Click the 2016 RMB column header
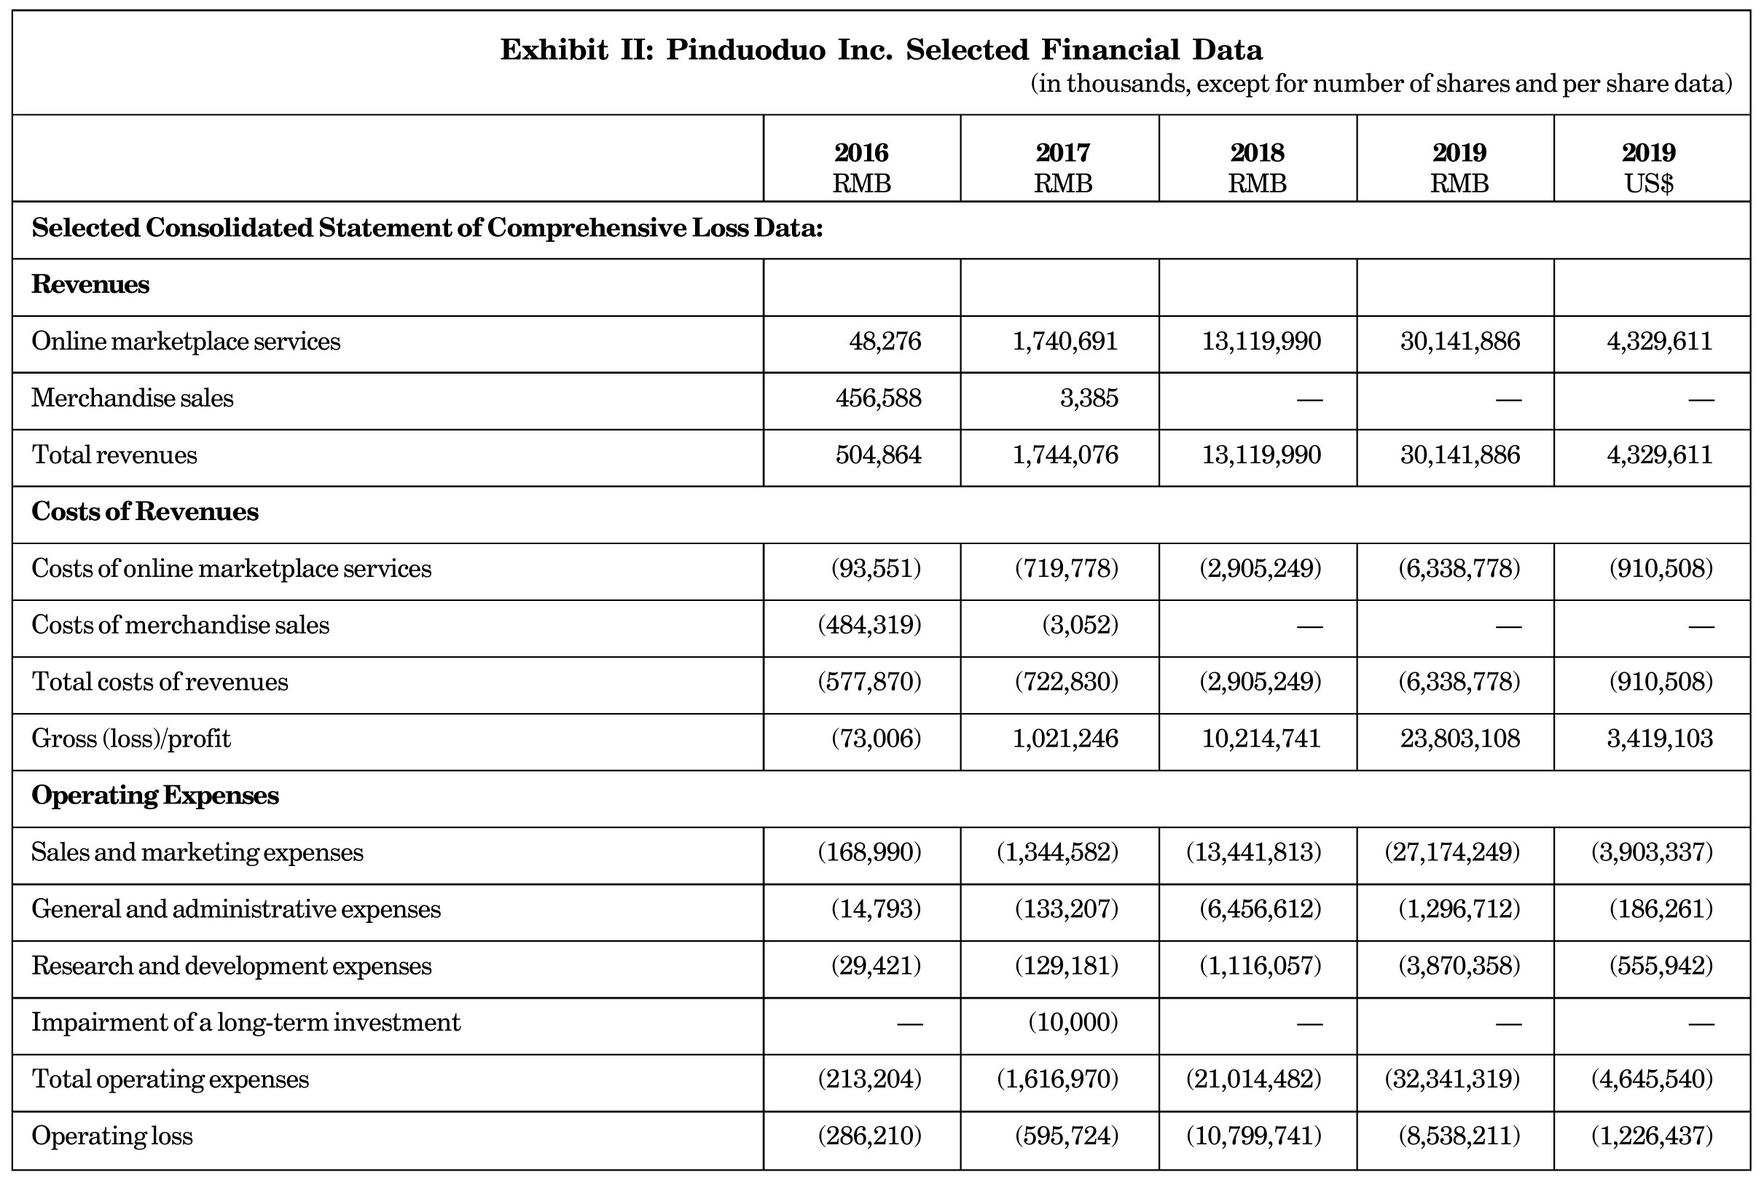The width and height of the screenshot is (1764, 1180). click(x=861, y=167)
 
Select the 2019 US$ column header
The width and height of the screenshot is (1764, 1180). click(x=1648, y=167)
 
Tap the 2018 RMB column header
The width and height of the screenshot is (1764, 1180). click(x=1257, y=167)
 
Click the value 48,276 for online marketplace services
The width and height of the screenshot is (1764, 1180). click(x=885, y=342)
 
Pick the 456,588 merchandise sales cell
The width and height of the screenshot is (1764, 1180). click(x=878, y=398)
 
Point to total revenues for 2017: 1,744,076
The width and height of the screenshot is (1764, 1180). click(x=1065, y=455)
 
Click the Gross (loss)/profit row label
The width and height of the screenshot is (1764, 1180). click(x=131, y=739)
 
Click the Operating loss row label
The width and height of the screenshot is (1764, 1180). click(x=112, y=1136)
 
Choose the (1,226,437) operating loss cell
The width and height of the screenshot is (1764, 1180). click(x=1652, y=1136)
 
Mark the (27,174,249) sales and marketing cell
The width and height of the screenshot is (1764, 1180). click(x=1452, y=852)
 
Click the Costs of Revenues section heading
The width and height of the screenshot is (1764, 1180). click(x=145, y=512)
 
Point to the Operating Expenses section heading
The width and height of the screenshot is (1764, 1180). click(x=155, y=795)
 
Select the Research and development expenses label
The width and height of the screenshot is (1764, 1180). click(x=232, y=966)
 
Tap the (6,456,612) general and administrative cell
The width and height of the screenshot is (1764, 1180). click(x=1261, y=909)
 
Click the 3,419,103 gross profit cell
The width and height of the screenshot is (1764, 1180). click(x=1660, y=739)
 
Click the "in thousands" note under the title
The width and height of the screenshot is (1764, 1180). click(x=1381, y=84)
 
